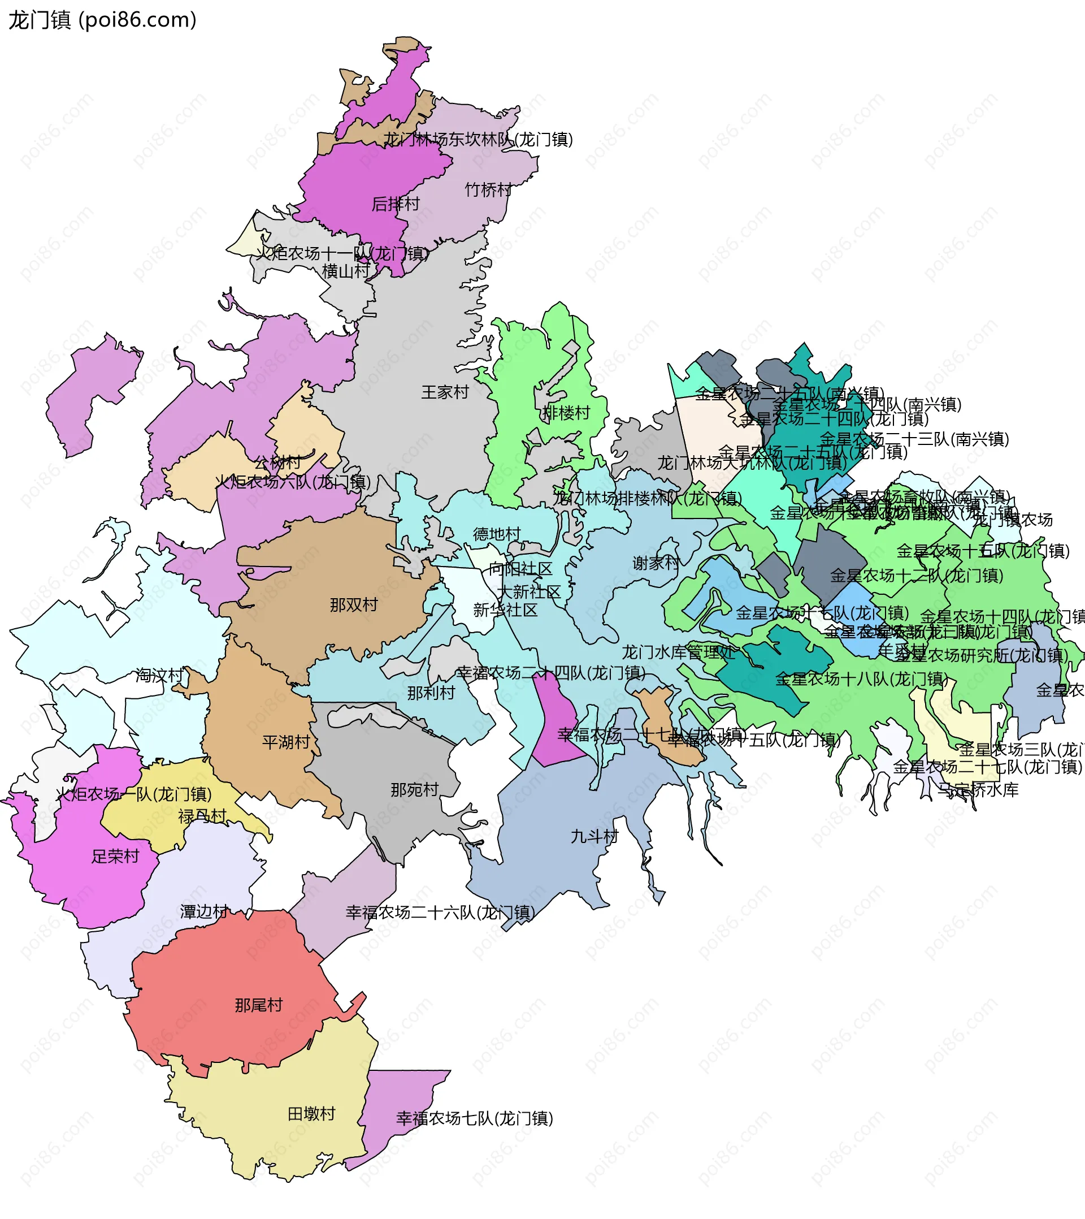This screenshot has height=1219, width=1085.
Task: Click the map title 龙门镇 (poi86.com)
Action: [102, 20]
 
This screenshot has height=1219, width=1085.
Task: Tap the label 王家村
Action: [445, 392]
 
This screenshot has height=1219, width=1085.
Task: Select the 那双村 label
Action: [354, 606]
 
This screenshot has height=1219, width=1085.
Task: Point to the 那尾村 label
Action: [259, 1005]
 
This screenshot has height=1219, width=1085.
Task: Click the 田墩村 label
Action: [311, 1114]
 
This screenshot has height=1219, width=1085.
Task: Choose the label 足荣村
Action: [115, 857]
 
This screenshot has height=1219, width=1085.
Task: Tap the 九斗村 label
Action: [594, 837]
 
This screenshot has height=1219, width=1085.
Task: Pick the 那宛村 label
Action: [414, 790]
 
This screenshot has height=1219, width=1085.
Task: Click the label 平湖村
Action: [286, 742]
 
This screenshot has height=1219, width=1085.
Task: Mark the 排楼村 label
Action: [566, 413]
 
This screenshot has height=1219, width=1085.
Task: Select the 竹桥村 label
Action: [488, 190]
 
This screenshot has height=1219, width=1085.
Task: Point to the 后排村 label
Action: [396, 204]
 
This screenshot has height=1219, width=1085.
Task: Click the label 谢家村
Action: [656, 564]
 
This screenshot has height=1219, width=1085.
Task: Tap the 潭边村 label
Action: [204, 912]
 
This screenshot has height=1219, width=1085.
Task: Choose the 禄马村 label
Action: [202, 816]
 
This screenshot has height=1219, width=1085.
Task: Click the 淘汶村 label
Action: [159, 676]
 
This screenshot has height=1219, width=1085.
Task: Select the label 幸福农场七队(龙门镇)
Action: [475, 1119]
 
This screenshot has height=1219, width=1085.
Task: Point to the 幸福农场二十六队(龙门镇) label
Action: [440, 913]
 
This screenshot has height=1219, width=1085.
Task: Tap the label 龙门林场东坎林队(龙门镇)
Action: [478, 140]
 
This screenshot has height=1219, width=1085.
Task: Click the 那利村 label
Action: [431, 693]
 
